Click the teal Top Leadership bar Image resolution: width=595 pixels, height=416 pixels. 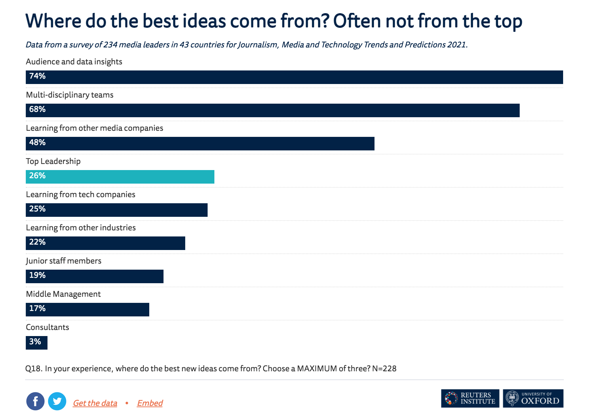tap(120, 177)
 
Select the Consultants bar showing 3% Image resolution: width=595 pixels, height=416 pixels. tap(37, 342)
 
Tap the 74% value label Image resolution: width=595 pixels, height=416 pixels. tap(37, 76)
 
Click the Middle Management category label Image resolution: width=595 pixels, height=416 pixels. tap(63, 294)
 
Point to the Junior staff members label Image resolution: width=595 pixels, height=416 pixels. tap(64, 261)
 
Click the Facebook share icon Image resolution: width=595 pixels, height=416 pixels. tap(35, 401)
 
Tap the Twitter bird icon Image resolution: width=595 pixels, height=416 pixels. tap(57, 401)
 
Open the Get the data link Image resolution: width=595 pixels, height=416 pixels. tap(95, 403)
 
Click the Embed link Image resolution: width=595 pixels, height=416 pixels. tap(150, 403)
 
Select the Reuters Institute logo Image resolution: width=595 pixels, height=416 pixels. tap(470, 398)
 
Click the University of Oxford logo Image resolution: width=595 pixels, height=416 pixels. tap(533, 398)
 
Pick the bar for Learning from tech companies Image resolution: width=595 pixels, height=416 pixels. tap(117, 210)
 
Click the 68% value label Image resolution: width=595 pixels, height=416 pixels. tap(37, 109)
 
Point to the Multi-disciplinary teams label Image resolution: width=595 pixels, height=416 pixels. tap(70, 95)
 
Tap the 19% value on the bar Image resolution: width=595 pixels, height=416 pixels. tap(37, 275)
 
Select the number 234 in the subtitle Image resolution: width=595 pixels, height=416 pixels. tap(110, 45)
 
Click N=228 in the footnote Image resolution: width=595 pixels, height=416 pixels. tap(384, 369)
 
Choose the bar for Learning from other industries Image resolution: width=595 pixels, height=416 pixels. tap(105, 243)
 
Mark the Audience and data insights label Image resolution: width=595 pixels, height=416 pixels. tap(74, 62)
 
